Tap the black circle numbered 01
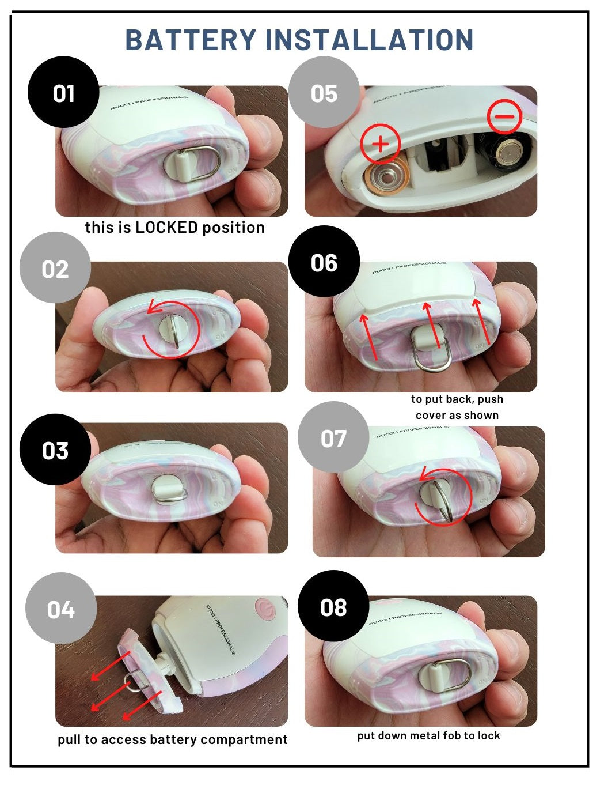63,92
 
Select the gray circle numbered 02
55,267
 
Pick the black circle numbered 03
55,450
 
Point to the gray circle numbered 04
61,609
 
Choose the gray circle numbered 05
324,92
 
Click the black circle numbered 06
324,261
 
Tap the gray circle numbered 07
333,437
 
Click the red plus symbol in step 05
381,143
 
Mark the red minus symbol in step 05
505,116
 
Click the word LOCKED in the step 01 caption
166,227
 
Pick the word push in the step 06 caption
491,399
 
